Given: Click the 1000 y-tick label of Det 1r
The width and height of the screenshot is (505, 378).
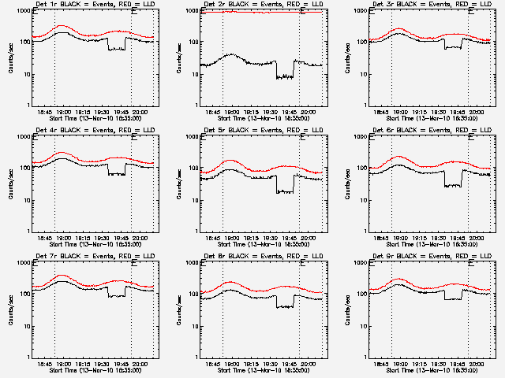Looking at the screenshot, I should pos(21,11).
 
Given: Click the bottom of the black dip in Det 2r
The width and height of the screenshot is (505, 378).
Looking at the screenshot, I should pos(285,77).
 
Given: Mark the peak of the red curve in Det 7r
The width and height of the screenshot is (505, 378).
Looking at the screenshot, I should pos(62,276).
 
